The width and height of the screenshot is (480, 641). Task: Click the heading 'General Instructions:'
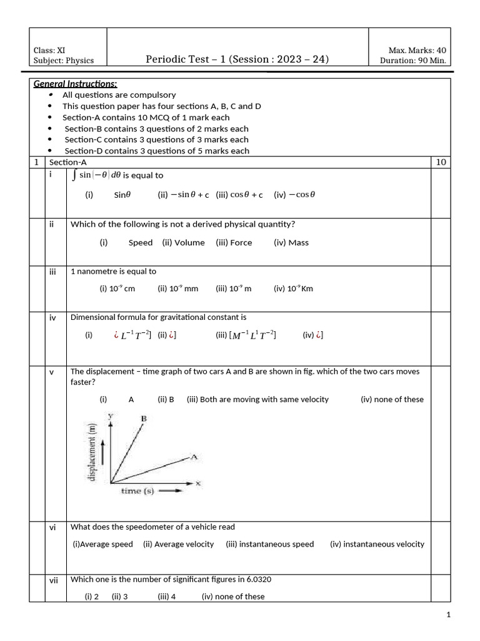click(75, 84)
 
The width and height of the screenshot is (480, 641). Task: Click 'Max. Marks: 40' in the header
click(417, 50)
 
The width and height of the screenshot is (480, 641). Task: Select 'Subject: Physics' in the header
click(63, 61)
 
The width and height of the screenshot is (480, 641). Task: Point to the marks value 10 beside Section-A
click(441, 162)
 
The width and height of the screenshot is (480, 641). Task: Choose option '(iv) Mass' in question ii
click(291, 243)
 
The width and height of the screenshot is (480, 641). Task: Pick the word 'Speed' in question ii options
click(141, 243)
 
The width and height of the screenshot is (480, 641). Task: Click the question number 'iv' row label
click(52, 318)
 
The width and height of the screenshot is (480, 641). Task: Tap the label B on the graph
click(144, 419)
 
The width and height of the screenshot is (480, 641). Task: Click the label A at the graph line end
click(194, 458)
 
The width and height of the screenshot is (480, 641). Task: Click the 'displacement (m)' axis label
click(92, 451)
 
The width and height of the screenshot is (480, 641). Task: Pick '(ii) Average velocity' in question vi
click(178, 544)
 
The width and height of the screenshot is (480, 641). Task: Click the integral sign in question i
click(75, 175)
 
